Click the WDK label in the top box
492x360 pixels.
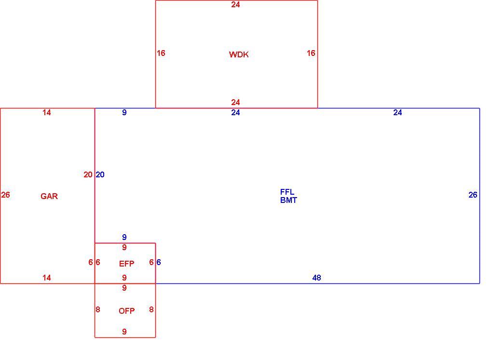[x=239, y=54]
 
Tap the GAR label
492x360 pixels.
[x=49, y=196]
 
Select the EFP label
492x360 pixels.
[x=127, y=264]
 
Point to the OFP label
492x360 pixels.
[x=127, y=311]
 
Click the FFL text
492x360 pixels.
[x=287, y=192]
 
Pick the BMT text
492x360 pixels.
[x=288, y=200]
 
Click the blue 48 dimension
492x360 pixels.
[x=316, y=278]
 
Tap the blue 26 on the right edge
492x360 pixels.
[x=473, y=195]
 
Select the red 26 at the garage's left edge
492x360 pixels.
[x=5, y=195]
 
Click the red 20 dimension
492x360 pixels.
[x=88, y=174]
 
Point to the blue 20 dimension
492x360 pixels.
[x=100, y=174]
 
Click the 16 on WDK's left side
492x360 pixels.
[x=161, y=53]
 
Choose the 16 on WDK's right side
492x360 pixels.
[x=311, y=53]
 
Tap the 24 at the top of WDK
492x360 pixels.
[x=236, y=4]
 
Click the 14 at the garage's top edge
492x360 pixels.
[x=47, y=112]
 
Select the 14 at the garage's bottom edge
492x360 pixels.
[x=47, y=278]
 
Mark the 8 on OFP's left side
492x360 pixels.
[x=98, y=309]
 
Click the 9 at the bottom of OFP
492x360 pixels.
[x=124, y=332]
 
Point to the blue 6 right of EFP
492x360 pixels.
[x=159, y=262]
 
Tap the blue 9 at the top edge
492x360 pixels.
[x=124, y=112]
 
